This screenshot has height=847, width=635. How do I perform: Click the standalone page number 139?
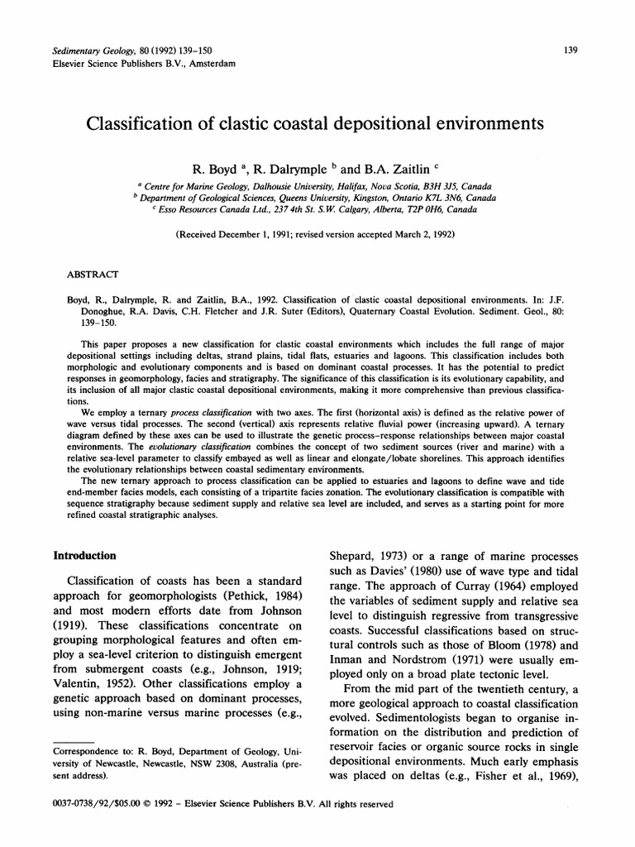pyautogui.click(x=570, y=50)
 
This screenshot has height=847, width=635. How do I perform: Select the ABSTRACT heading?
pyautogui.click(x=92, y=272)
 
